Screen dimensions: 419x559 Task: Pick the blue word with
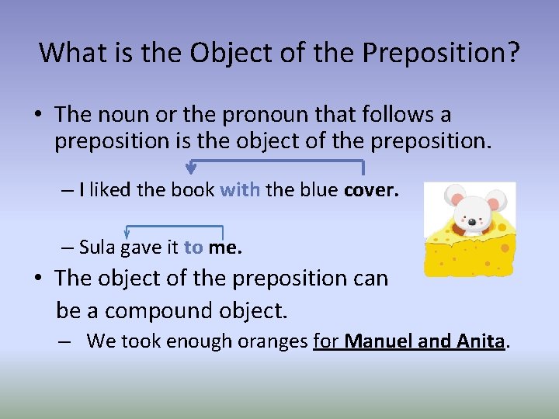click(x=240, y=191)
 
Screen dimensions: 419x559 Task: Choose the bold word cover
click(x=372, y=191)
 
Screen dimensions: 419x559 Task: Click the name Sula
click(x=97, y=248)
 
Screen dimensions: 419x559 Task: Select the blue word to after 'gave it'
click(x=193, y=248)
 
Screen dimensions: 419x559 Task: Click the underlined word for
click(x=326, y=341)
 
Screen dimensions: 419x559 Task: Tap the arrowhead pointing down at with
click(x=191, y=167)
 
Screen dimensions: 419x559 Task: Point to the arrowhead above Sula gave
click(x=127, y=232)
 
